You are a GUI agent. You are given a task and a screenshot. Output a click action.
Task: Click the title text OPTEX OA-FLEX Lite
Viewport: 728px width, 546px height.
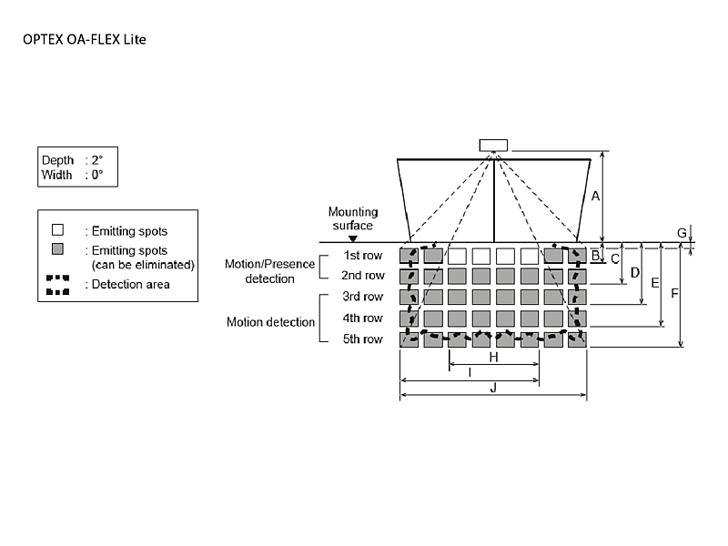(x=84, y=40)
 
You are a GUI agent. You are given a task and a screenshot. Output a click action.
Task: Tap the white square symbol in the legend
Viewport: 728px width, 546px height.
(x=57, y=231)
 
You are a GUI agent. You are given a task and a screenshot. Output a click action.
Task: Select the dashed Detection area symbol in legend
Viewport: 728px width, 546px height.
(x=57, y=285)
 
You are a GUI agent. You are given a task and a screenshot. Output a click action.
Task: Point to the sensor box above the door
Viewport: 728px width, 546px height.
(x=494, y=146)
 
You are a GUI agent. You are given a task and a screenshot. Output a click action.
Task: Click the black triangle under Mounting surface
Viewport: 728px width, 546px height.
(x=352, y=238)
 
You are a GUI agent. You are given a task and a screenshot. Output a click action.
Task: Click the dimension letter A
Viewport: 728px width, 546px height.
(x=595, y=197)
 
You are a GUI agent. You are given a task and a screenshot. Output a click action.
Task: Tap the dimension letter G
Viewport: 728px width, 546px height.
(x=682, y=233)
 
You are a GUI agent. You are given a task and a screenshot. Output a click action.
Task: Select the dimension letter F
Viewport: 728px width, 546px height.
(x=673, y=294)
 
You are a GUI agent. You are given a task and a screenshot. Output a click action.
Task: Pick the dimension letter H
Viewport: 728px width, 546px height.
(x=493, y=358)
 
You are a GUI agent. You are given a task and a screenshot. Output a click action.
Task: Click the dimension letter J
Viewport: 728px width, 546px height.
(x=492, y=388)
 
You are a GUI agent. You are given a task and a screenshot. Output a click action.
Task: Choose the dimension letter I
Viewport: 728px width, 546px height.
(x=469, y=372)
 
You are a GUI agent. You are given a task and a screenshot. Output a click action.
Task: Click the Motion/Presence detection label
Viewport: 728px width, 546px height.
(x=270, y=271)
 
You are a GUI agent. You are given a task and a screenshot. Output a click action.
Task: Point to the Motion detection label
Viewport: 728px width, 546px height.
(x=270, y=322)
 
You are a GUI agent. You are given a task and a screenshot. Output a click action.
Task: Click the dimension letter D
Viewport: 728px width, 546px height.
(x=635, y=272)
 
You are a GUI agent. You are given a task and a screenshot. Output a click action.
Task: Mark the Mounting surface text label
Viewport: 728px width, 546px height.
(x=352, y=218)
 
